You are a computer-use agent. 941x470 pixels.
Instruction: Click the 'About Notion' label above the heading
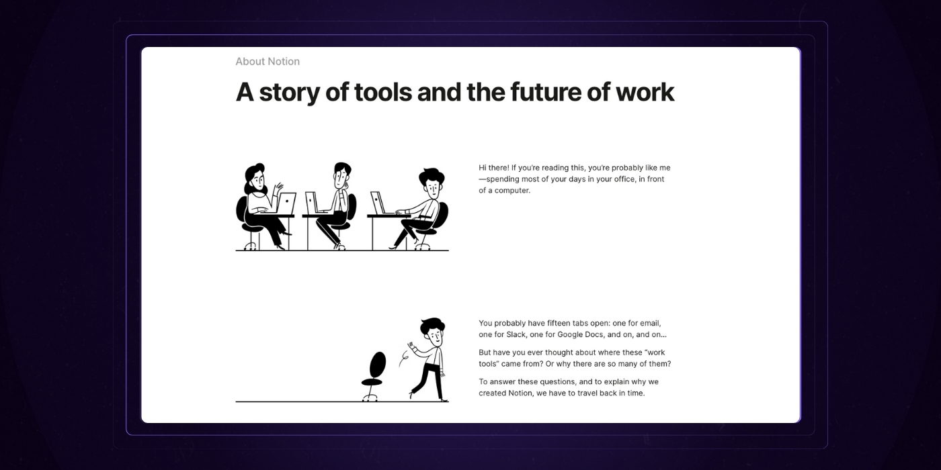pos(268,62)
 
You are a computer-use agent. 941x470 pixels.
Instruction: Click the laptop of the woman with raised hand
pos(286,202)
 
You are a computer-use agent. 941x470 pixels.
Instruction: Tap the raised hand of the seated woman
pos(278,189)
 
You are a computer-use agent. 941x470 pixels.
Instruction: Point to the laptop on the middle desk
pos(313,202)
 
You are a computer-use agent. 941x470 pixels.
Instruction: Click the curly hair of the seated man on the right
pos(432,178)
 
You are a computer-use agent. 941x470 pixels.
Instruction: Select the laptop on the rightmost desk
pos(378,203)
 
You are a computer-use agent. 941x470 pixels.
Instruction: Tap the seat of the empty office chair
pos(371,382)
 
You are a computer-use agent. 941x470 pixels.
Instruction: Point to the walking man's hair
pos(432,325)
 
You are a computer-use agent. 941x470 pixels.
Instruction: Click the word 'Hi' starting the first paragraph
pos(484,168)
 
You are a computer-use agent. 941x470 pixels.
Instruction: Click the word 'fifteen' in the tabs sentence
pos(552,323)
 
